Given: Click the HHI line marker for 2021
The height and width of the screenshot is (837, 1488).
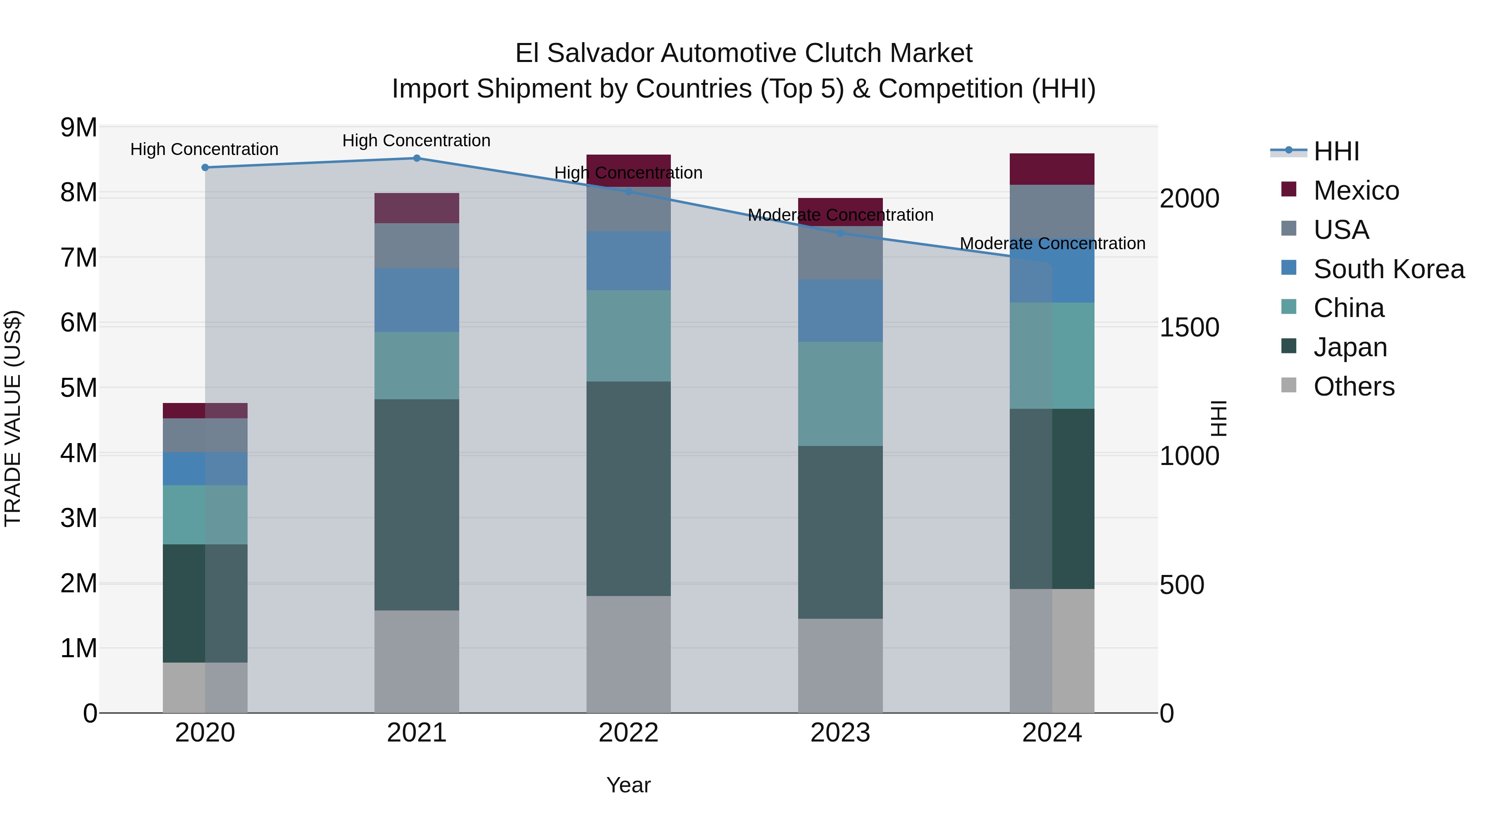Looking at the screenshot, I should tap(417, 158).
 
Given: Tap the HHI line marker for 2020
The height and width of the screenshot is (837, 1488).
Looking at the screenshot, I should tap(205, 167).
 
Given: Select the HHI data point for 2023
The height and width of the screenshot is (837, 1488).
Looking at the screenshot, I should tap(840, 234).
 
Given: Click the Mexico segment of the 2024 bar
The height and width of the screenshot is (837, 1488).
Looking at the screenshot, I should tap(1052, 169).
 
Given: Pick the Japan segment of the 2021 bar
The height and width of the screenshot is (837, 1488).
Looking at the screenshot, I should tap(417, 504).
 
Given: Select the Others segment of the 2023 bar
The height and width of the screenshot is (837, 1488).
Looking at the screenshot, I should tap(840, 665).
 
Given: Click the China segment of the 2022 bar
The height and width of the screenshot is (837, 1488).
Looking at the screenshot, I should tap(628, 336).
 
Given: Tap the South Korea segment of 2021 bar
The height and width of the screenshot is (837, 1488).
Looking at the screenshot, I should tap(417, 300).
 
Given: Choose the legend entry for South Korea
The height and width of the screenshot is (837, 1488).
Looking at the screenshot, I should tap(1388, 269).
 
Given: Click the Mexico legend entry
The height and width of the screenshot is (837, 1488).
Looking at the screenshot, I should tap(1356, 191).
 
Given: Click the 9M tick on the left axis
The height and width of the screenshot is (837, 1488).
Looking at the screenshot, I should tap(79, 128).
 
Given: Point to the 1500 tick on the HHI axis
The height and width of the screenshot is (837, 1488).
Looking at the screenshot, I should tap(1189, 327).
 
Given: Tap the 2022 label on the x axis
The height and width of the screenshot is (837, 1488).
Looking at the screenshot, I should tap(628, 733).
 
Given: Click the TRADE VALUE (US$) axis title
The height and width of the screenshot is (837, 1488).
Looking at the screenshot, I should tap(13, 418).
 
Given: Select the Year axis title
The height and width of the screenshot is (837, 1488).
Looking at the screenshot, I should tap(628, 785).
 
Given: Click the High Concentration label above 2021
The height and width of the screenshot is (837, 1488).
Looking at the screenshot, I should tap(417, 141).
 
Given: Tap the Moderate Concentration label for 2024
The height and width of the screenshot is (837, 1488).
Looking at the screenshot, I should tap(1052, 244).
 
